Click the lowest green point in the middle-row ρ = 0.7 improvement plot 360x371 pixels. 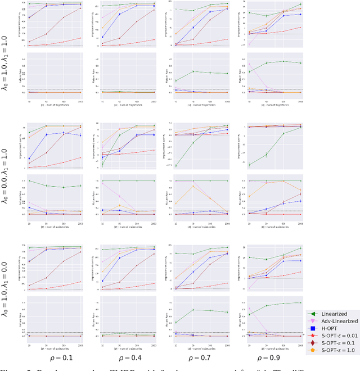176,166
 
